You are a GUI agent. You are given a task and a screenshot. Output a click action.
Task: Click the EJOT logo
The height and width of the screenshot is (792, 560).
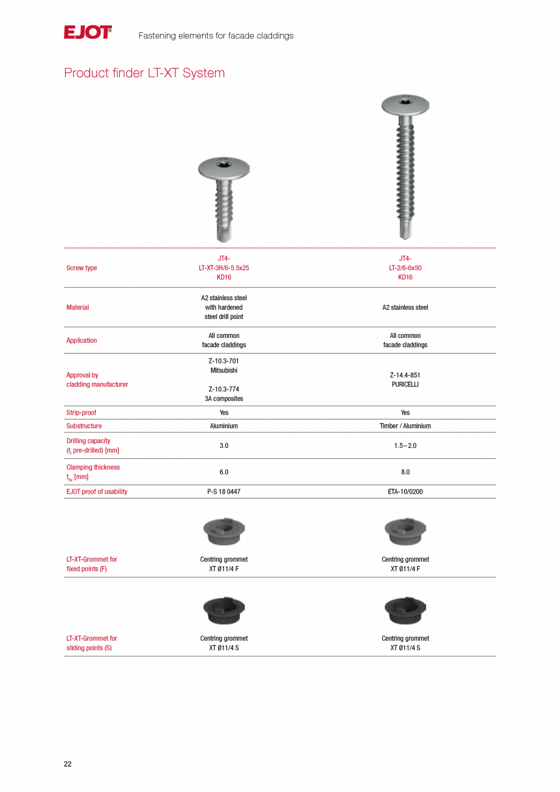tap(88, 32)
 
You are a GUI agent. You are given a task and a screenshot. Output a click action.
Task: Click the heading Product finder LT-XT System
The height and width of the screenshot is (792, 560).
tap(144, 73)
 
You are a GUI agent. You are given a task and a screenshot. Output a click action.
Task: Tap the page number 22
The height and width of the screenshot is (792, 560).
tap(68, 764)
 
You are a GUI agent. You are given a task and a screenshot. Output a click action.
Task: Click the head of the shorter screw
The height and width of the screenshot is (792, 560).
tap(224, 166)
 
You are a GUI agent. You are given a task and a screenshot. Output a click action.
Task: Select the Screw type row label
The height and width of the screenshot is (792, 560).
tap(82, 268)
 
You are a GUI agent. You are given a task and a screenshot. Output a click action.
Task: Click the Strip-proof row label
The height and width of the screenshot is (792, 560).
tap(81, 413)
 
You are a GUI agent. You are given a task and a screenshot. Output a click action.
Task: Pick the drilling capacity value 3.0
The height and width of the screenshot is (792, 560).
tap(224, 446)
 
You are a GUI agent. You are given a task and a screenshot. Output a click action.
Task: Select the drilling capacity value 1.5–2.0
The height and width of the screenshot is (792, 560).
tap(405, 446)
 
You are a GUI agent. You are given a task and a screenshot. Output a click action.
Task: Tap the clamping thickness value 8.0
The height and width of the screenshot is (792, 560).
tap(405, 472)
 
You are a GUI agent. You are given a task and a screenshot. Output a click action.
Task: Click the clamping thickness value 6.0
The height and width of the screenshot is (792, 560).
tap(224, 472)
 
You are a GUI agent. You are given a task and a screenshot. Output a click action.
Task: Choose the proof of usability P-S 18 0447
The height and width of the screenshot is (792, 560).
tap(224, 492)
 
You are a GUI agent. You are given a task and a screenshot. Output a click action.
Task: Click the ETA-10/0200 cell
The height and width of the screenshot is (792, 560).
tap(405, 492)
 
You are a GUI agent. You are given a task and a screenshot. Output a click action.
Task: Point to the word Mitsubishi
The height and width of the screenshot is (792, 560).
tap(224, 370)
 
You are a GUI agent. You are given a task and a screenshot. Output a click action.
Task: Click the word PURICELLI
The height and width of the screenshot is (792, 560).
tap(405, 385)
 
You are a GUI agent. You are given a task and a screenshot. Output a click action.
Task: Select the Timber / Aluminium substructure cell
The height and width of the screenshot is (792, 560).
tap(405, 426)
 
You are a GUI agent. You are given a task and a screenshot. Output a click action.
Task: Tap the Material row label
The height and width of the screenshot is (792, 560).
tap(77, 307)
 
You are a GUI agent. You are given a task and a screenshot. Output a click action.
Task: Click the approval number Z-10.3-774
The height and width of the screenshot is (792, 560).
tap(224, 389)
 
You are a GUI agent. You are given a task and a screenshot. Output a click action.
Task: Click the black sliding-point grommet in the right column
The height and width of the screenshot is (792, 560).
tap(405, 610)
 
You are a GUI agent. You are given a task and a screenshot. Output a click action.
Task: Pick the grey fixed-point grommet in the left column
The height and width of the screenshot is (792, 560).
tap(224, 531)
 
